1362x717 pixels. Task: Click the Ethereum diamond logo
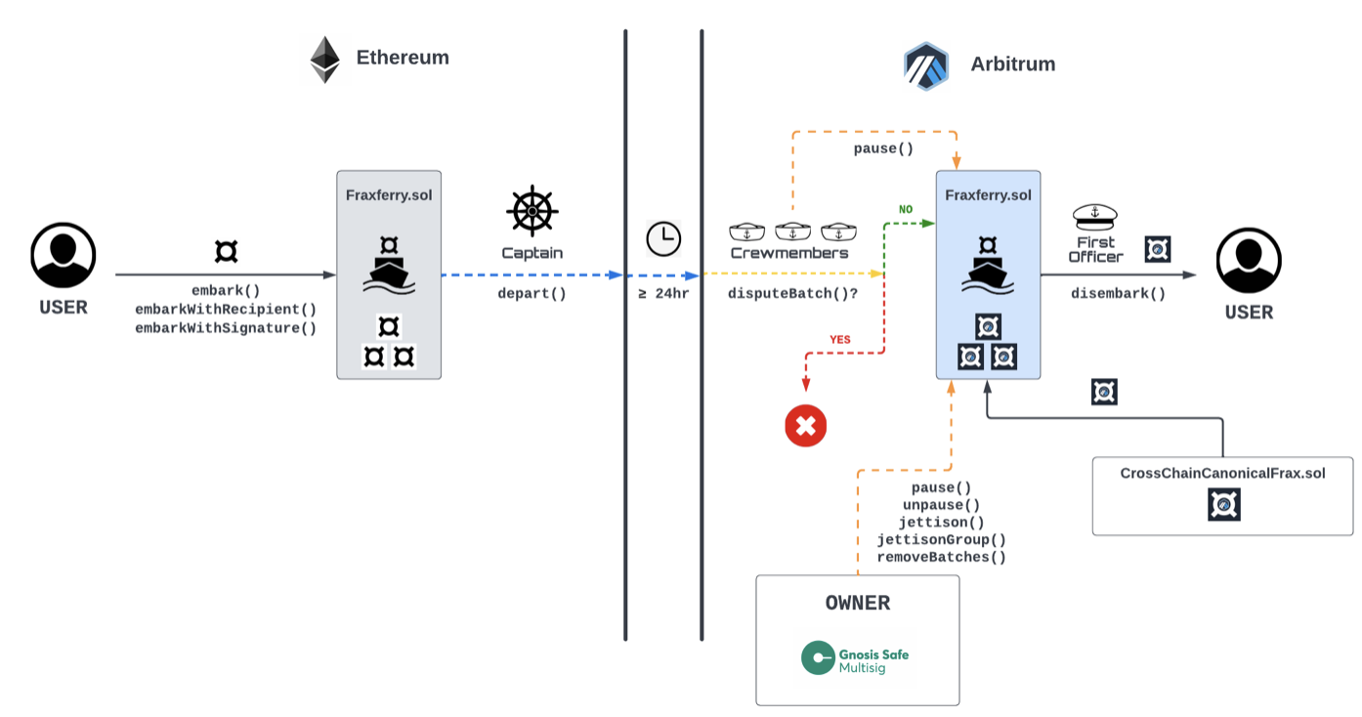(324, 60)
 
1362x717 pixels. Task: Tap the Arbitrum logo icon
(926, 65)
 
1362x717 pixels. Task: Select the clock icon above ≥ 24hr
(663, 239)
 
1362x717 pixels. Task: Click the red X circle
(806, 426)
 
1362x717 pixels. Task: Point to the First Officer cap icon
(1094, 216)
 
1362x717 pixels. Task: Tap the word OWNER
(857, 603)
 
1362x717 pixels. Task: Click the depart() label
(532, 293)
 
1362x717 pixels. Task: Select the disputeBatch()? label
(792, 293)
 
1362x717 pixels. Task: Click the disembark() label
(1118, 293)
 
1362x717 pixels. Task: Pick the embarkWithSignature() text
(226, 328)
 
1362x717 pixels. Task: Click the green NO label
(906, 209)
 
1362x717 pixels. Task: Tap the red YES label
(839, 340)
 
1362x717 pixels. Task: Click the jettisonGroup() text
(941, 539)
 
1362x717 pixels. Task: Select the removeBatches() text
(941, 557)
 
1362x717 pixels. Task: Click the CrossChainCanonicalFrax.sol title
(1222, 473)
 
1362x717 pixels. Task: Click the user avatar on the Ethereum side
(64, 255)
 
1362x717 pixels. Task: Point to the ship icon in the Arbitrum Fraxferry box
(988, 274)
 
